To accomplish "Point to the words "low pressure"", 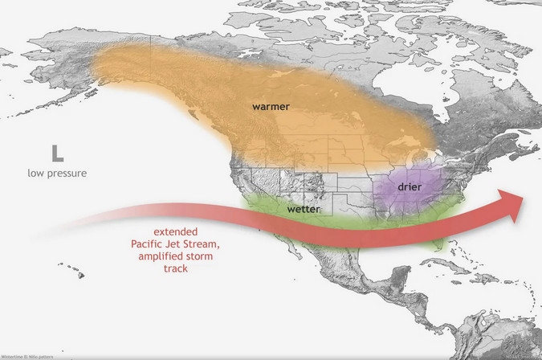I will (x=58, y=173).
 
